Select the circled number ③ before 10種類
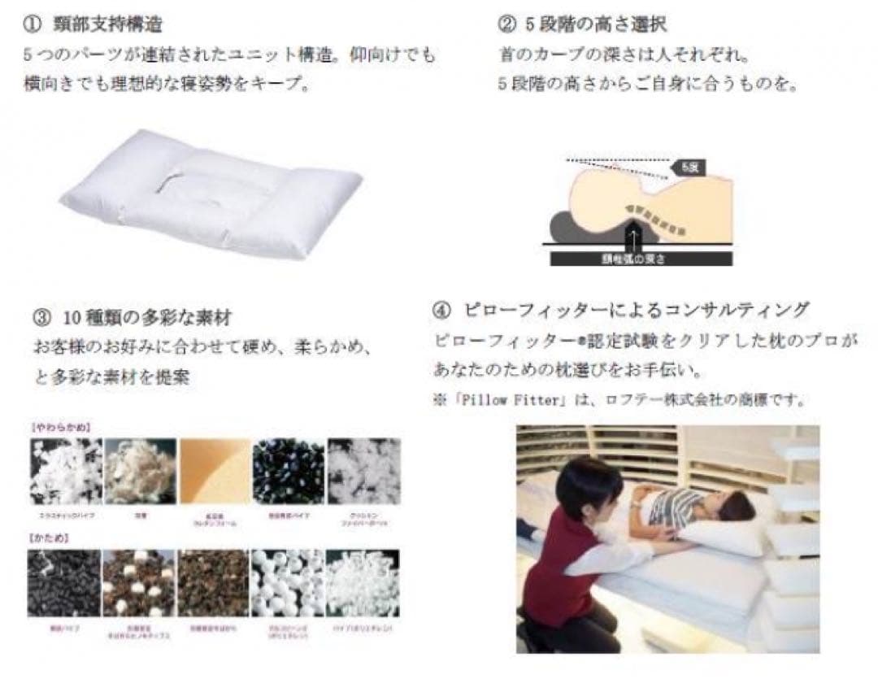coord(42,316)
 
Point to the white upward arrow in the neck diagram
coord(635,237)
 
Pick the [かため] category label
coord(50,538)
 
